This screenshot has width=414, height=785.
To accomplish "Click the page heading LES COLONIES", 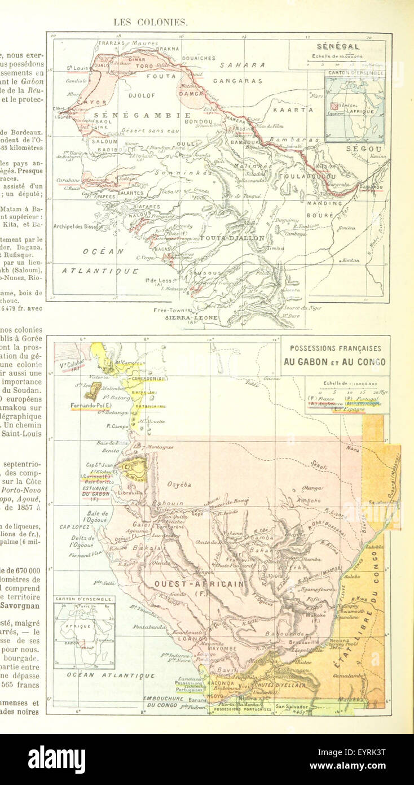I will tap(150, 23).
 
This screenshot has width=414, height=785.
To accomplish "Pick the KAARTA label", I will tap(293, 110).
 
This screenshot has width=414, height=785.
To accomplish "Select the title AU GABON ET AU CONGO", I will tap(334, 362).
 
